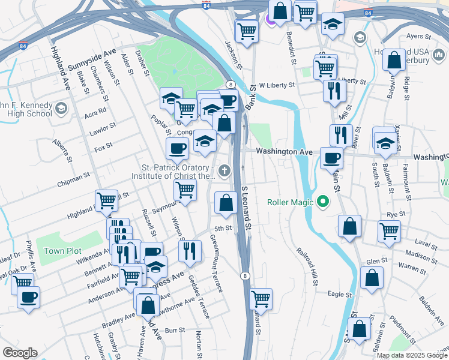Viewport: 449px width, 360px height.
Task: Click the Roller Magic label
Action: [291, 202]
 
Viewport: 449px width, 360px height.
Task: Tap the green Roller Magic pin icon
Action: [324, 202]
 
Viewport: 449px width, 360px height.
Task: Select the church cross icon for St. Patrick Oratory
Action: [224, 172]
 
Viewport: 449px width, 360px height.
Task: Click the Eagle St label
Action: [340, 295]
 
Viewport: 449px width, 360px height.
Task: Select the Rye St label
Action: [394, 214]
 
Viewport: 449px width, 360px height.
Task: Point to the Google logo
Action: [20, 353]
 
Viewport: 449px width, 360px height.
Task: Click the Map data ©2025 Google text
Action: [412, 355]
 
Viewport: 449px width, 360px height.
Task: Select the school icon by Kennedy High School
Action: [61, 109]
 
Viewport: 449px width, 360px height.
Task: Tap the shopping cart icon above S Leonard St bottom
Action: [261, 298]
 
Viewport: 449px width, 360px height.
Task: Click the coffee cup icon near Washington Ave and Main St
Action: [331, 158]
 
